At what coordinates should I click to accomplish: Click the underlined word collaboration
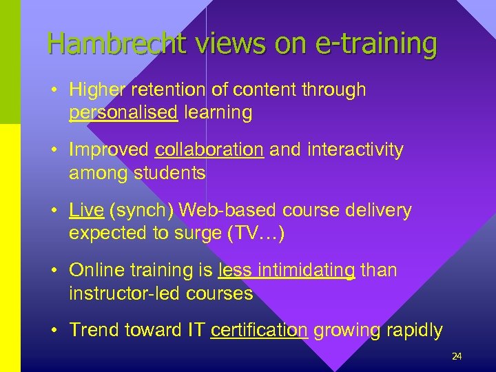click(209, 149)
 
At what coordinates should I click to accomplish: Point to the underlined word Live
click(86, 210)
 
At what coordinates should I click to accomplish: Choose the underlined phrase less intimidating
click(287, 270)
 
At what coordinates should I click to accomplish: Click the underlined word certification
click(260, 330)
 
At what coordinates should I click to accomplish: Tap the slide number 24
click(456, 356)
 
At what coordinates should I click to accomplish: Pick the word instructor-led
click(127, 293)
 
